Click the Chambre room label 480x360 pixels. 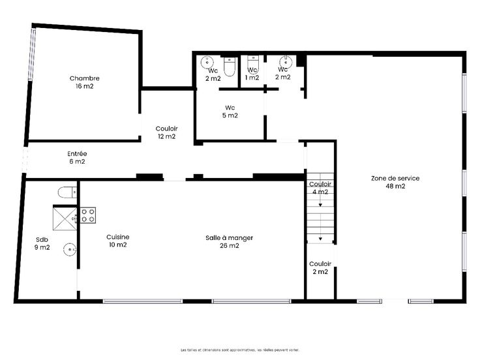[x=85, y=78]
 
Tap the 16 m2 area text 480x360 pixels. [x=85, y=86]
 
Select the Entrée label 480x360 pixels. [x=77, y=154]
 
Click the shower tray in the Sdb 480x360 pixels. [x=65, y=218]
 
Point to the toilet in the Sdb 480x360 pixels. [x=67, y=192]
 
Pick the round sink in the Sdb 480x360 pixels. [x=70, y=250]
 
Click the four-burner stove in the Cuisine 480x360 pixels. [x=88, y=215]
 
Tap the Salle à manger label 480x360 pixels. [x=230, y=238]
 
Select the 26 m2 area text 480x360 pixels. [x=230, y=245]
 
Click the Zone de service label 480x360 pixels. [x=395, y=178]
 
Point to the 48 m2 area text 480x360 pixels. [x=395, y=186]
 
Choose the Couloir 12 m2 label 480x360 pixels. [x=166, y=132]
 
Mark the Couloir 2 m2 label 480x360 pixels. [x=320, y=268]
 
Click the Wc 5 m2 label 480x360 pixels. [x=230, y=112]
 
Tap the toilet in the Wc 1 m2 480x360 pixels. [x=253, y=64]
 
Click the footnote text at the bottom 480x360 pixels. [x=240, y=350]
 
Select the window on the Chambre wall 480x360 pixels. [x=32, y=55]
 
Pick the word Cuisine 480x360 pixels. [x=118, y=237]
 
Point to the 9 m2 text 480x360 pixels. [x=42, y=247]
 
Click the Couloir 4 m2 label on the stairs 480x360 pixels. [x=320, y=188]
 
